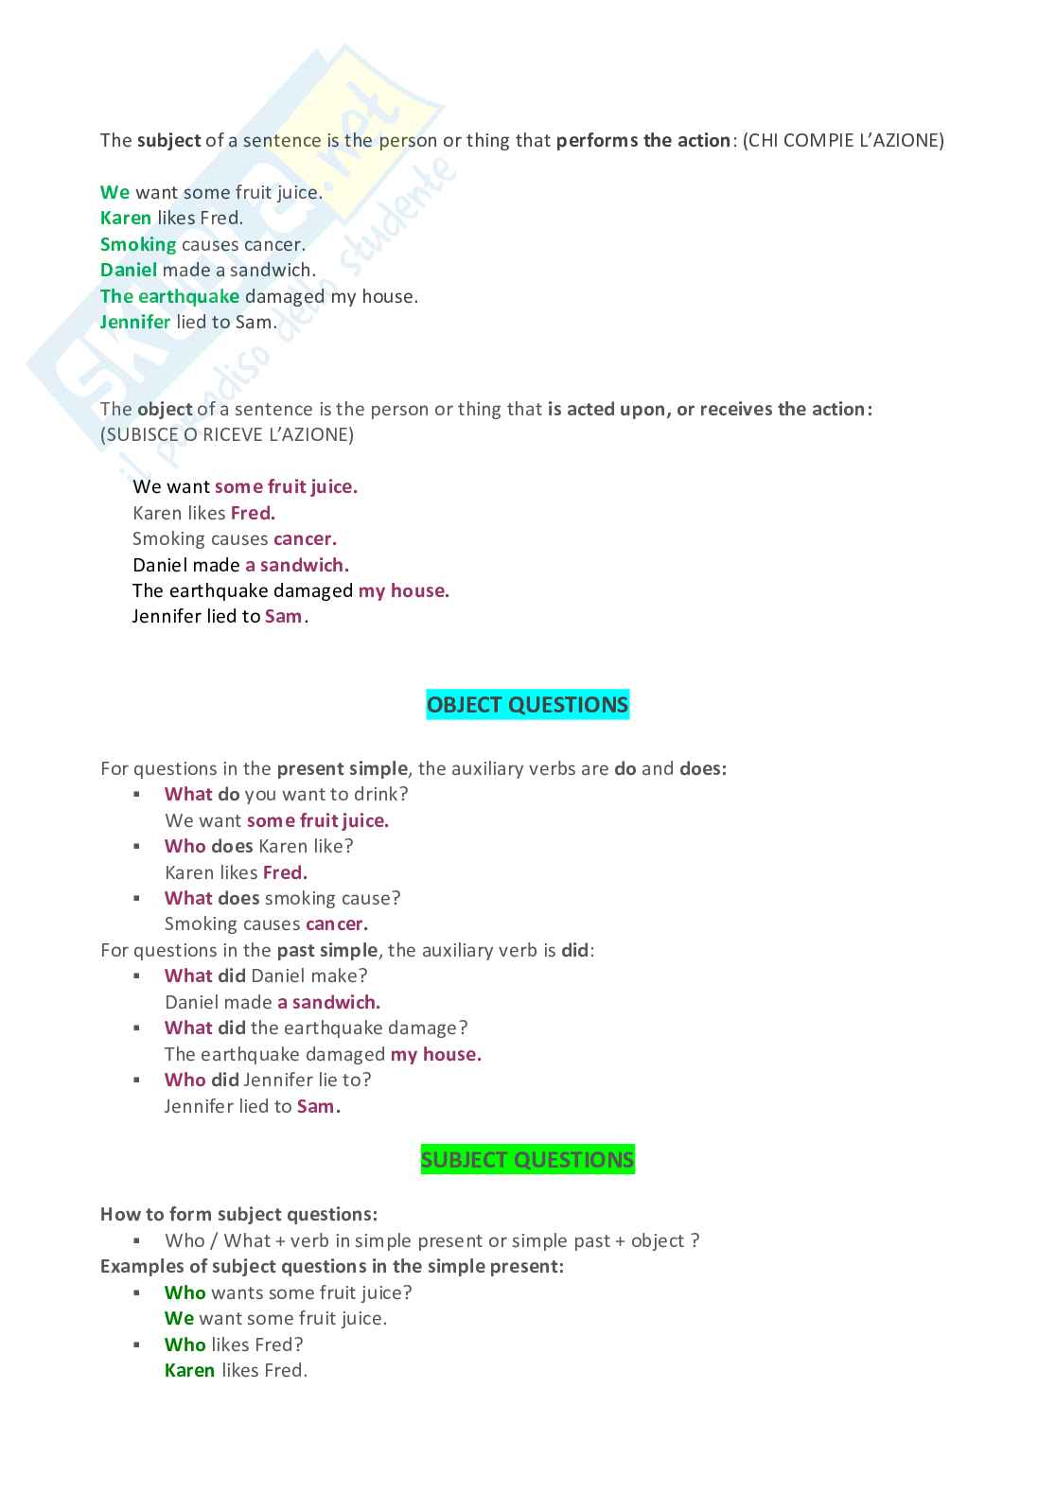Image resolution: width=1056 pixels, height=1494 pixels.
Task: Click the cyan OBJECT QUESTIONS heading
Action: pos(527,705)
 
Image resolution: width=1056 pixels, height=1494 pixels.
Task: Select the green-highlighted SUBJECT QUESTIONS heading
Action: pos(527,1160)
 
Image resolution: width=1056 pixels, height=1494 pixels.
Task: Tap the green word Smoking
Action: pos(138,244)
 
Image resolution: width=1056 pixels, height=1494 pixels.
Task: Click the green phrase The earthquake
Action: pos(169,296)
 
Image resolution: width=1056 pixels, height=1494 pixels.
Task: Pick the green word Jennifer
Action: pos(135,322)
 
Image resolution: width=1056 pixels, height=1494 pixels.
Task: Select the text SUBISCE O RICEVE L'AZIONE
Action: pos(227,434)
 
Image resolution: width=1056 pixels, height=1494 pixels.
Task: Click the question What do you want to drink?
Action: pos(286,794)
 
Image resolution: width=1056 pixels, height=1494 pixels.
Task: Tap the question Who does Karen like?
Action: pos(258,846)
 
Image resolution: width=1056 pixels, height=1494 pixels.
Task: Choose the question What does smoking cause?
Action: pos(282,898)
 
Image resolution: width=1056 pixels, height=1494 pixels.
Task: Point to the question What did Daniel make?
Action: pos(265,975)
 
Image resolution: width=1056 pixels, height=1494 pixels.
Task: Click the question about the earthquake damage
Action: pos(315,1028)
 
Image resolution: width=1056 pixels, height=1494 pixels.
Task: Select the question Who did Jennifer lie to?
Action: pos(267,1080)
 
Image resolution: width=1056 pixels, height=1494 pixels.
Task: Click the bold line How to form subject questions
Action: pos(238,1214)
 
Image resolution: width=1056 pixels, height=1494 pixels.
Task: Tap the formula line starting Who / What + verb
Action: pos(431,1240)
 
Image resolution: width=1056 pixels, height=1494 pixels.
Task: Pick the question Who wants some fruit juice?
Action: pos(288,1292)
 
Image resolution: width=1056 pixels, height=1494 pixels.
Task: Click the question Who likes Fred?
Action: pos(234,1345)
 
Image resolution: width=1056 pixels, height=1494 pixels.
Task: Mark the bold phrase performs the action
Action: pos(642,141)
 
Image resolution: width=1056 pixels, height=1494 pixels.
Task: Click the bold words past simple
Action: pos(326,950)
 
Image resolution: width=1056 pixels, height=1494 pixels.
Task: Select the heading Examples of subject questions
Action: pos(331,1266)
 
